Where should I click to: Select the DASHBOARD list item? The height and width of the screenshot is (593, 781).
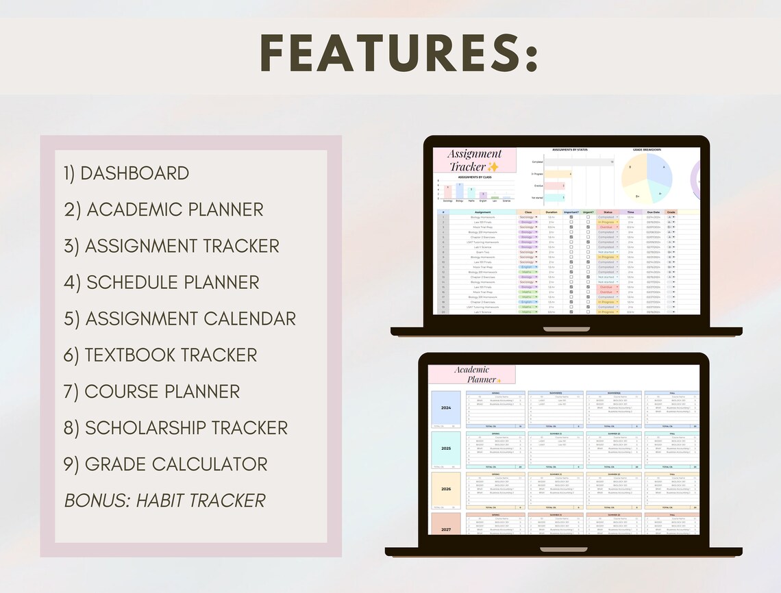134,173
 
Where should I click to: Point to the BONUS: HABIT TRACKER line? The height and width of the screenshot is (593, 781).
164,501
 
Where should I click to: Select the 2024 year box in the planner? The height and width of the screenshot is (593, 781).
446,408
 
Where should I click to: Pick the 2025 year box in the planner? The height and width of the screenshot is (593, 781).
446,448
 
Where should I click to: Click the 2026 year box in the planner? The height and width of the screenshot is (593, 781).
446,489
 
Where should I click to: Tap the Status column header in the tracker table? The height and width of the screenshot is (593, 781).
607,212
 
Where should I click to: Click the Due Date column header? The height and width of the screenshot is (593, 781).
652,212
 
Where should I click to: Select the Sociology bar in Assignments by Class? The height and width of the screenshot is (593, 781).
447,192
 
